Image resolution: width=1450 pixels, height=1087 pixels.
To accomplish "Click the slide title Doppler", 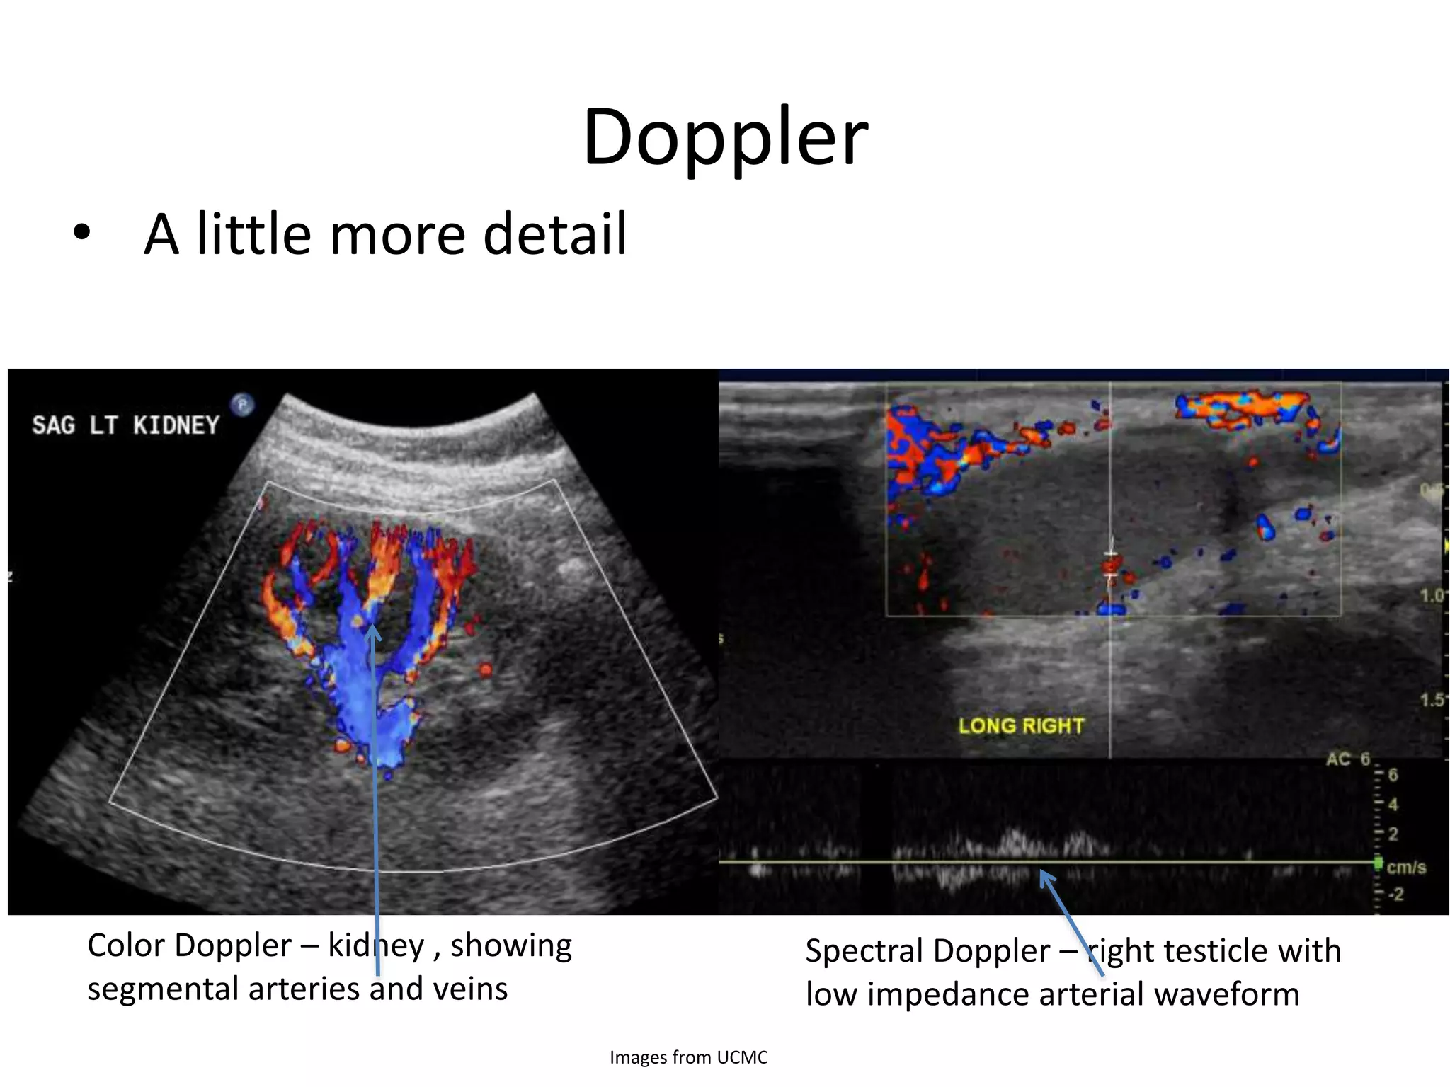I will (725, 138).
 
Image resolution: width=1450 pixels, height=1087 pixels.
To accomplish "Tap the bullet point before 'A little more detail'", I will (81, 233).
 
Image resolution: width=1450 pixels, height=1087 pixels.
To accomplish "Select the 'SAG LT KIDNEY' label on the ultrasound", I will (125, 425).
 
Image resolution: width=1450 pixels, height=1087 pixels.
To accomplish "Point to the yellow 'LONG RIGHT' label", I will (1021, 726).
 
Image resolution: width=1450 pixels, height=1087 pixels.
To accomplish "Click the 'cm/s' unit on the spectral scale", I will (1405, 867).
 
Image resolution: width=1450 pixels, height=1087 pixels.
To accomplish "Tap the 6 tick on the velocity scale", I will (1392, 775).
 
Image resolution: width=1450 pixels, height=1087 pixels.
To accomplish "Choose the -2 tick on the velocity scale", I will (1394, 895).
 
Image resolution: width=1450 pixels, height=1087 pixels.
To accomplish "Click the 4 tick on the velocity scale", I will (1392, 805).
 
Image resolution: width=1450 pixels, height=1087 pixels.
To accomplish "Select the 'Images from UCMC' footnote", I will (688, 1057).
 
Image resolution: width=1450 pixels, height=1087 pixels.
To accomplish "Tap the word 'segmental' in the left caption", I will (162, 989).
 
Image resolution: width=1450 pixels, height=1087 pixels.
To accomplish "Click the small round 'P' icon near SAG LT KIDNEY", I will (242, 405).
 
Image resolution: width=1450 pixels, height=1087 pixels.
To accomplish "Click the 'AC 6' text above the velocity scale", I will (1348, 759).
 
